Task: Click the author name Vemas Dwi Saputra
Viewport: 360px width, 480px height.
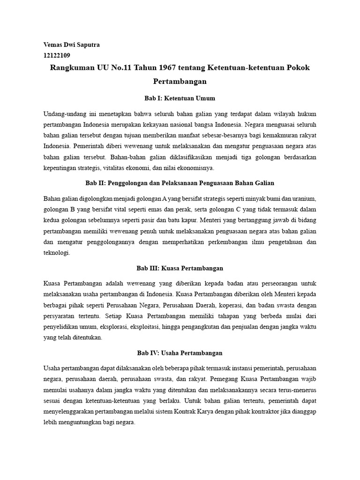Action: click(x=71, y=45)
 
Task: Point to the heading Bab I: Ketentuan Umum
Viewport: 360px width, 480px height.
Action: click(x=180, y=98)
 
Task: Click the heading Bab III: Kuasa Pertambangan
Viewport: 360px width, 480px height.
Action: click(x=180, y=268)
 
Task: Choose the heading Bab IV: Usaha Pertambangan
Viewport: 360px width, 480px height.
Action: click(x=180, y=352)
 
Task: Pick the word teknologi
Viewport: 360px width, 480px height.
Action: click(x=57, y=252)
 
